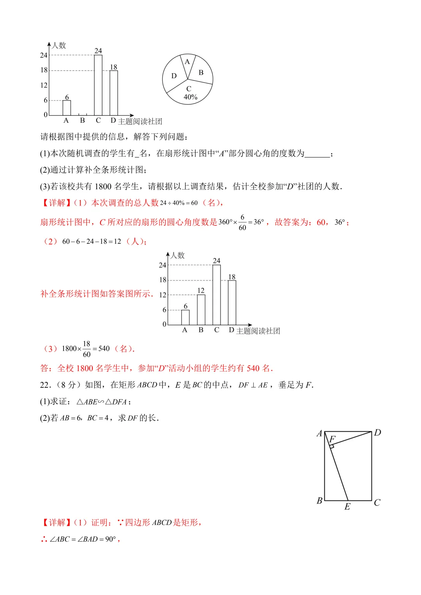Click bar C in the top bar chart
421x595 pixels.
[98, 85]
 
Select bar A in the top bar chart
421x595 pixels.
[67, 107]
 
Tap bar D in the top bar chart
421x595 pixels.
[114, 93]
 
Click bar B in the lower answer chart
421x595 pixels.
[201, 310]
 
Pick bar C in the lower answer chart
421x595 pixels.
[216, 295]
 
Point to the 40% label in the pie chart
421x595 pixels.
[190, 97]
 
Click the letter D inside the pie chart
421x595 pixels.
[174, 76]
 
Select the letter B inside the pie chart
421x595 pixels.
[201, 72]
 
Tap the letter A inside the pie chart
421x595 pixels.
[187, 62]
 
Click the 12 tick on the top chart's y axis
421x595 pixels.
[44, 85]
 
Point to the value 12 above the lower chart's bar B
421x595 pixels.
[201, 290]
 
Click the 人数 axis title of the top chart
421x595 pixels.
[59, 46]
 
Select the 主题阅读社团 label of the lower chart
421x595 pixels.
[258, 331]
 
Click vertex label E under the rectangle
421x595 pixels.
[347, 507]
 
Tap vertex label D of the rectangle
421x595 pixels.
[377, 433]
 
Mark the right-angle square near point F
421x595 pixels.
[332, 446]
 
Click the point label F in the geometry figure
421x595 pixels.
[333, 439]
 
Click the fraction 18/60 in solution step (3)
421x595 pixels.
[87, 349]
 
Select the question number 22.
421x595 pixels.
[45, 385]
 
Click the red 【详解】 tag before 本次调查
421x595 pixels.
[54, 203]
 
